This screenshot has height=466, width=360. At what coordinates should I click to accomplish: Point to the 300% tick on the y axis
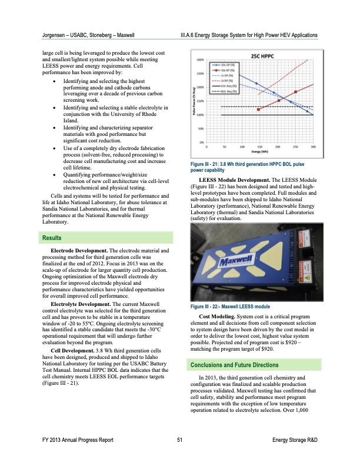pyautogui.click(x=201, y=60)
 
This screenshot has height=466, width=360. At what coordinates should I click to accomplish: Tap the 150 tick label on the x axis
pyautogui.click(x=243, y=147)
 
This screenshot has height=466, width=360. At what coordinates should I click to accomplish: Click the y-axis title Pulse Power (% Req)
pyautogui.click(x=194, y=103)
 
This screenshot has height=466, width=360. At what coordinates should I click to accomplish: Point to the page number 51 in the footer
pyautogui.click(x=179, y=457)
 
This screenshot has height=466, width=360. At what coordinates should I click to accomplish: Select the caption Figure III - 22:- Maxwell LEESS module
pyautogui.click(x=230, y=307)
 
